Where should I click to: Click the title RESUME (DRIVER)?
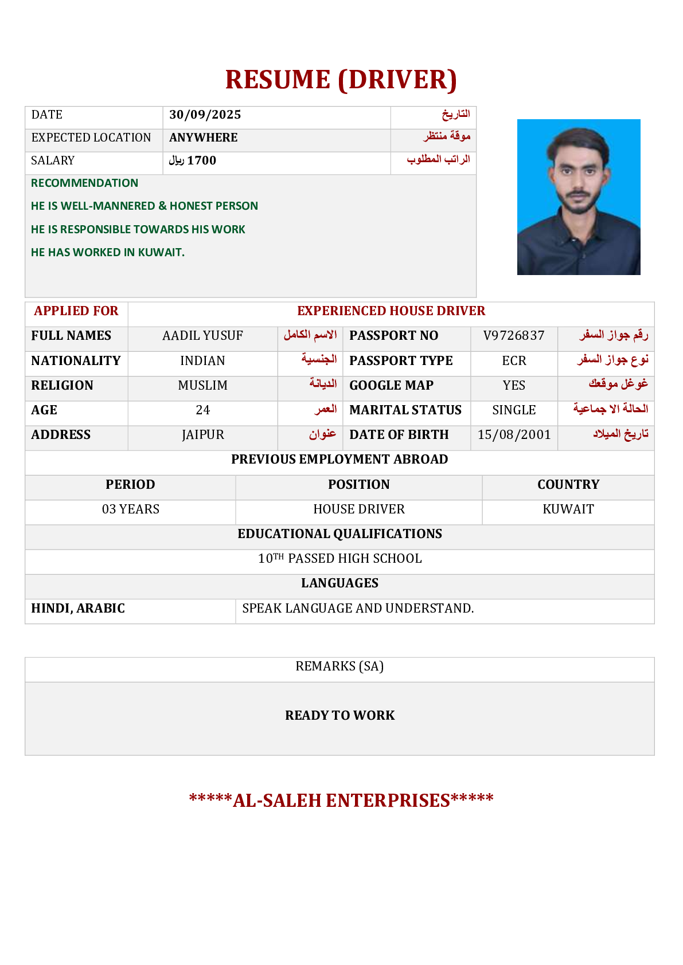pyautogui.click(x=341, y=80)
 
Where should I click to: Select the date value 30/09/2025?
pyautogui.click(x=205, y=115)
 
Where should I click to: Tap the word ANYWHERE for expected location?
pyautogui.click(x=203, y=138)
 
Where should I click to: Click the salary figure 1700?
pyautogui.click(x=201, y=160)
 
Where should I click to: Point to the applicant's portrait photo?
pyautogui.click(x=578, y=197)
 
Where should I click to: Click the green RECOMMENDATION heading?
pyautogui.click(x=84, y=183)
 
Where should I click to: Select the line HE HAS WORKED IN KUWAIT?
pyautogui.click(x=108, y=252)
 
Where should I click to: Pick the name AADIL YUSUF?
pyautogui.click(x=202, y=336)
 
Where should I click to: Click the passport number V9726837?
pyautogui.click(x=513, y=336)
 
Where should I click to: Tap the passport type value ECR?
pyautogui.click(x=514, y=361)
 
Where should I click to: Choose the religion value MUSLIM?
pyautogui.click(x=202, y=386)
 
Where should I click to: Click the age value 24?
pyautogui.click(x=202, y=410)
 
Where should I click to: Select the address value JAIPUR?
pyautogui.click(x=202, y=435)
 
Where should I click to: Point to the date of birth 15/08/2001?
pyautogui.click(x=514, y=435)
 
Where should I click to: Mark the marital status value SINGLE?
pyautogui.click(x=514, y=410)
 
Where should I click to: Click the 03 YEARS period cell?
pyautogui.click(x=130, y=509)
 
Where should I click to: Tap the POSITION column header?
pyautogui.click(x=358, y=485)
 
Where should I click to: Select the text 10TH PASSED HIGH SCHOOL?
pyautogui.click(x=339, y=559)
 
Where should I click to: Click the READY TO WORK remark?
pyautogui.click(x=339, y=716)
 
